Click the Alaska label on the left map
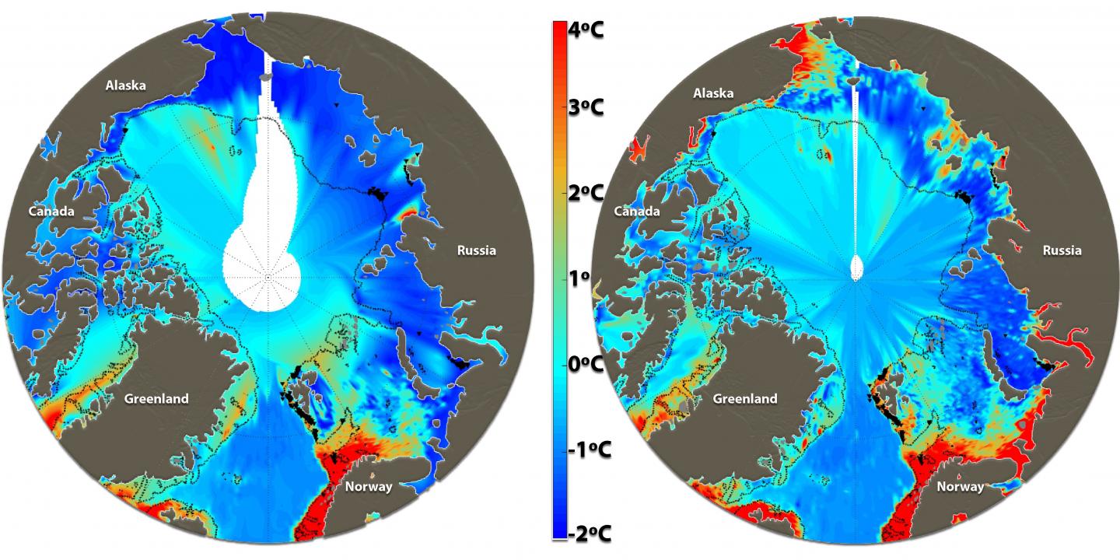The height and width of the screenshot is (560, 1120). click(125, 86)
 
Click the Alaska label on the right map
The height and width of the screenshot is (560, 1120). click(713, 93)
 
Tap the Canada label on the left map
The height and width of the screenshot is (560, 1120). click(51, 212)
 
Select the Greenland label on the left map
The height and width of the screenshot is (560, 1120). click(156, 399)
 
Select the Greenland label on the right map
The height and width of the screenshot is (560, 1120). click(744, 399)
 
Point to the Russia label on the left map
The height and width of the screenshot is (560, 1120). click(476, 250)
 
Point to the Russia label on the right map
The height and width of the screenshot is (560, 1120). click(1062, 250)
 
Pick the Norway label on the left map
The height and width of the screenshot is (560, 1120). click(366, 487)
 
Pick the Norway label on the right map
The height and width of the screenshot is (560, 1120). click(960, 487)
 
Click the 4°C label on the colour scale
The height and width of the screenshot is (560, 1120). click(586, 30)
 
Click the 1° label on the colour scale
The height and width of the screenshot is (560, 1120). click(580, 278)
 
